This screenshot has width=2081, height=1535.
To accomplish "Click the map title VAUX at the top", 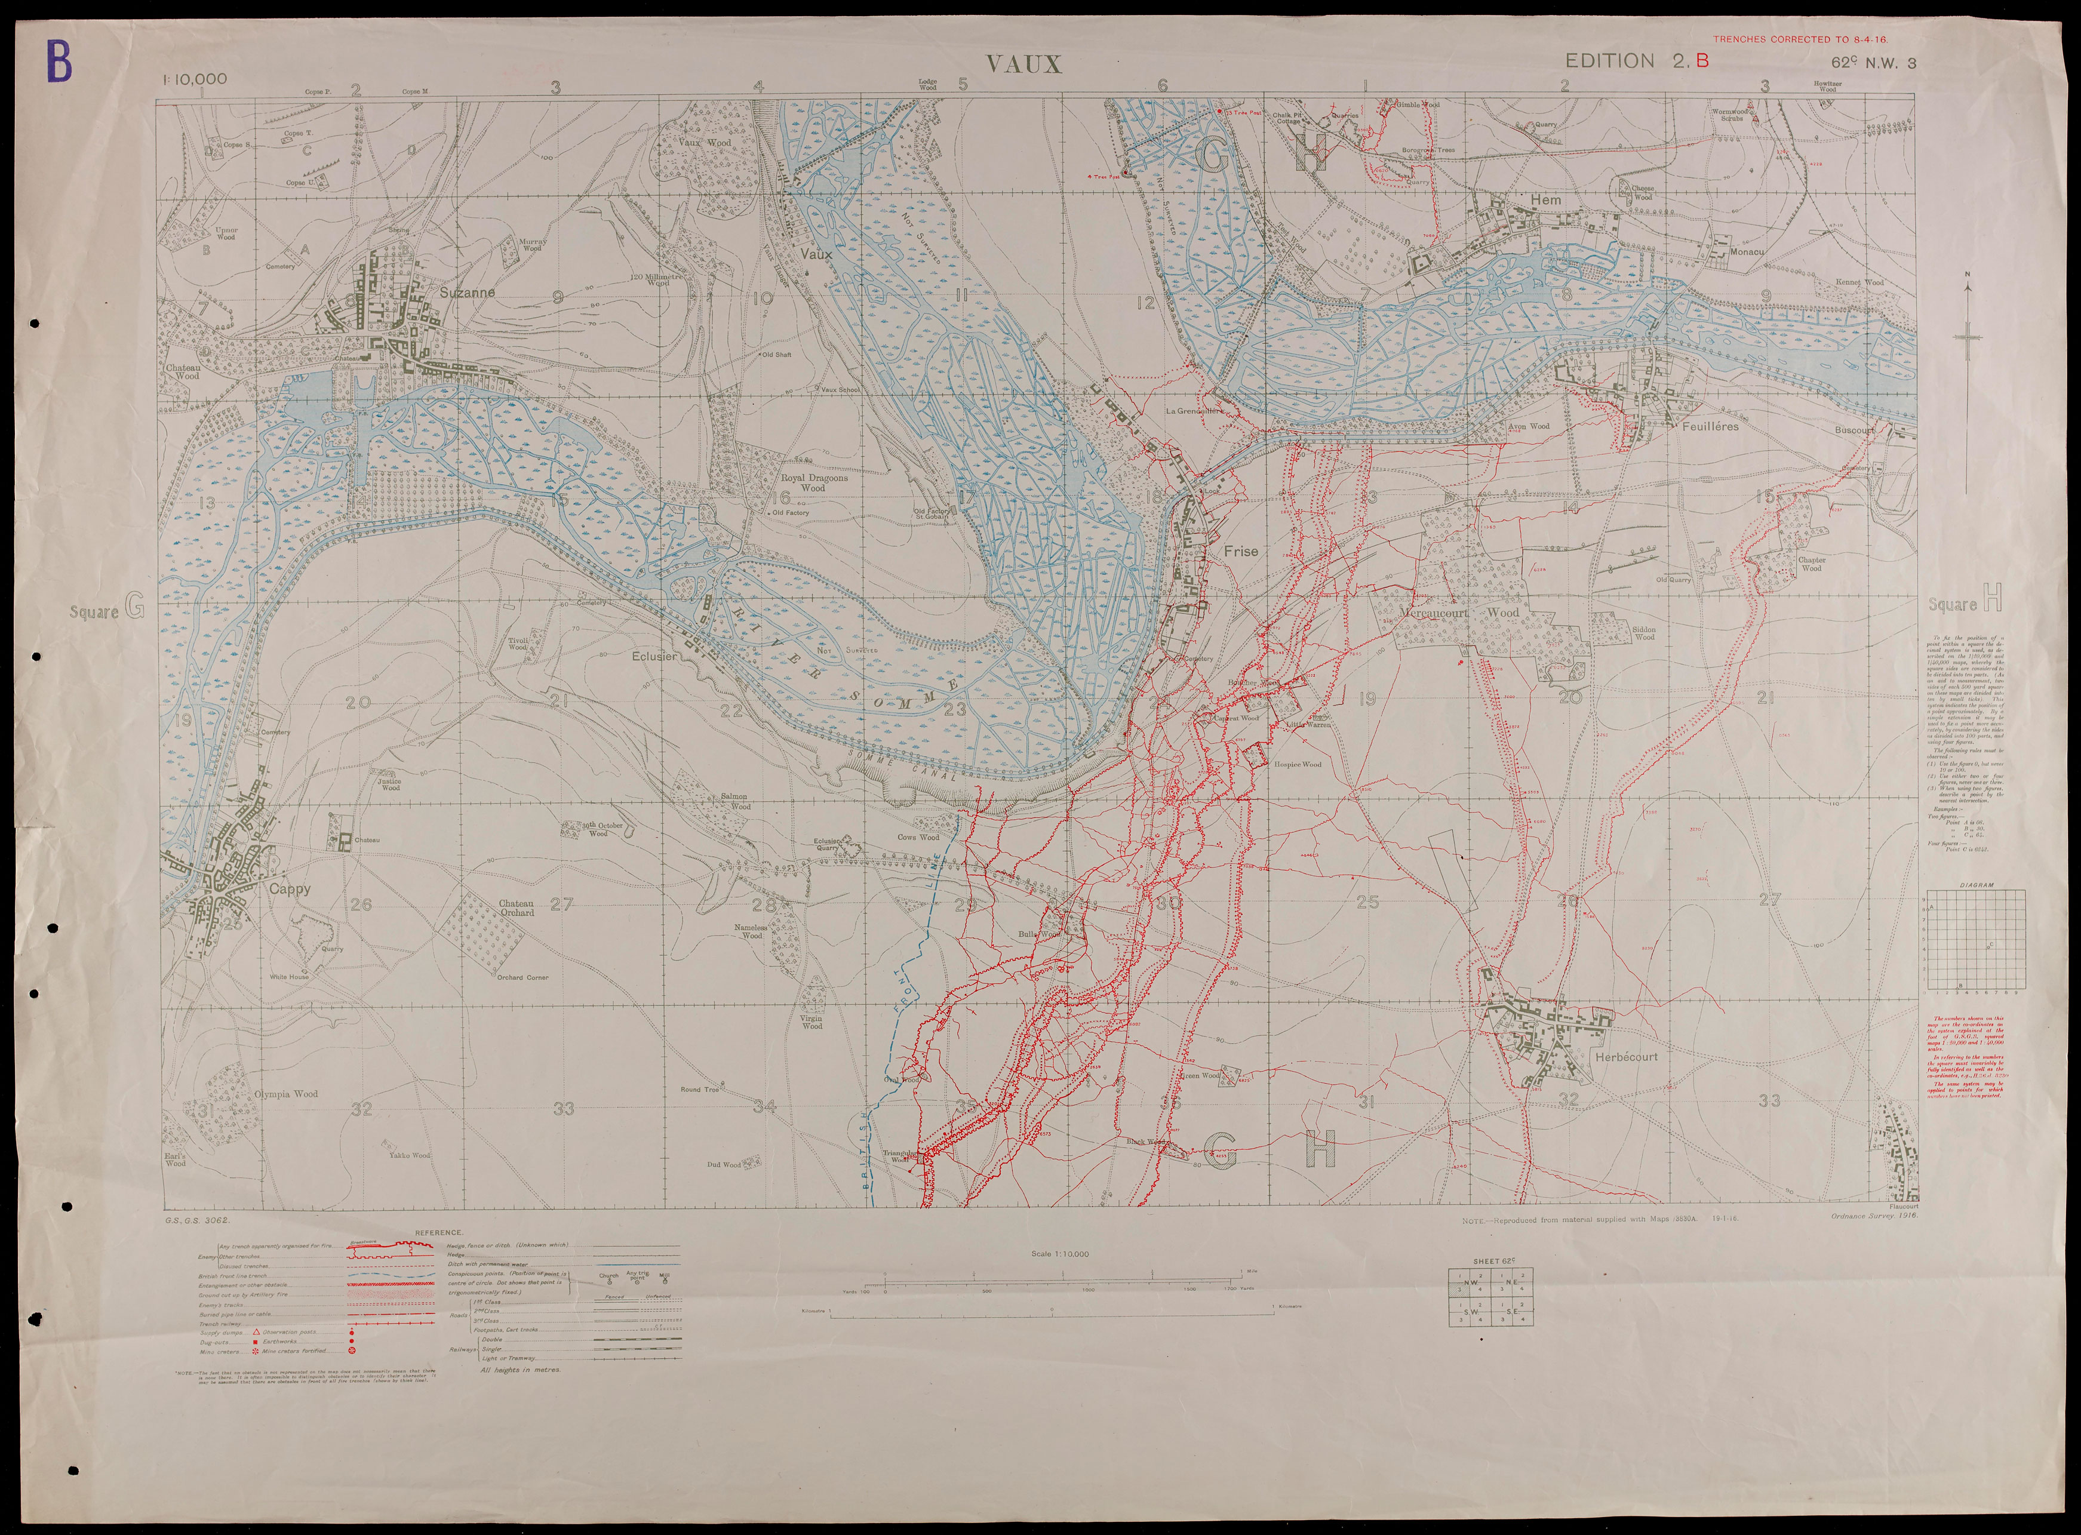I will (1023, 64).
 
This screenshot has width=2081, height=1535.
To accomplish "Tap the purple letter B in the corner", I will (59, 61).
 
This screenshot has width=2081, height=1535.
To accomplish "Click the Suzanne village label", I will (468, 292).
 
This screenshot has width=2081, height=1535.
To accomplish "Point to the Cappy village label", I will (290, 889).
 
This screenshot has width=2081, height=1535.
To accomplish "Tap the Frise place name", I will (1241, 551).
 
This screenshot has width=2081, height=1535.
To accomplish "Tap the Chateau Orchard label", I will (517, 908).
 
